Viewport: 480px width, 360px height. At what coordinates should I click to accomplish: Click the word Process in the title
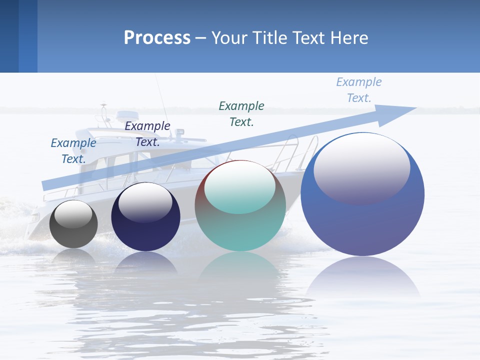point(157,38)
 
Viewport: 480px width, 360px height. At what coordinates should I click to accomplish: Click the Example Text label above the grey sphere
point(73,150)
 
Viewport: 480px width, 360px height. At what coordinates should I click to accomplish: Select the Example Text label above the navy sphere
point(147,133)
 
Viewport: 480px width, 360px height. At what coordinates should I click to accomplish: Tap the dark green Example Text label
point(241,113)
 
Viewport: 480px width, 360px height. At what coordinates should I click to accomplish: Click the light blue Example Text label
point(359,89)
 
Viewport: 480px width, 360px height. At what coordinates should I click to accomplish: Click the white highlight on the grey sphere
point(73,214)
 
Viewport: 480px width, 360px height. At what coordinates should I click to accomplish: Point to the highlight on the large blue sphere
point(361,167)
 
